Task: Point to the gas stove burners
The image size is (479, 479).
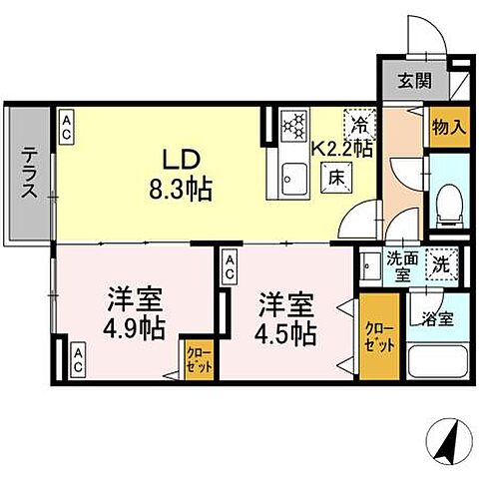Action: click(296, 127)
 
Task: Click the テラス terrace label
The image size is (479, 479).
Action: click(29, 175)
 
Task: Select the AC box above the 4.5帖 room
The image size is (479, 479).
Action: click(230, 264)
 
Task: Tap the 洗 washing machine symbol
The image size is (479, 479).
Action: click(441, 265)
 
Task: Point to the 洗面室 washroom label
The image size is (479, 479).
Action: click(403, 266)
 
